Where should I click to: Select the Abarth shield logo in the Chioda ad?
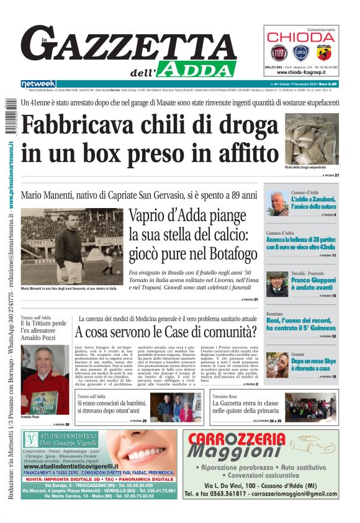click(324, 52)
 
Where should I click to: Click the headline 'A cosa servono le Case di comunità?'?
click(166, 332)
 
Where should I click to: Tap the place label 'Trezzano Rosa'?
click(225, 396)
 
